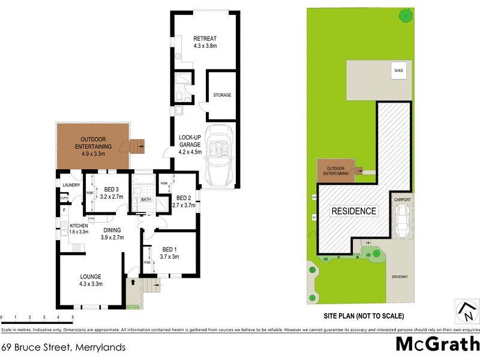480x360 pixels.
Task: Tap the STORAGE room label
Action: (x=223, y=95)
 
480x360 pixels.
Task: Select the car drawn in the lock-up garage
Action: (x=220, y=156)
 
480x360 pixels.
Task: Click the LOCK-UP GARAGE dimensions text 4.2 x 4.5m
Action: (x=193, y=152)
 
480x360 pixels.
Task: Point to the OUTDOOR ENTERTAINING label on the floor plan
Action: (x=93, y=143)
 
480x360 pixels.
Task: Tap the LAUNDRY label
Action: (x=71, y=185)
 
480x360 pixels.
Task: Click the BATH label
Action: (x=145, y=200)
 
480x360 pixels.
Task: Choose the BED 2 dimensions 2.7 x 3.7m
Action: (x=184, y=205)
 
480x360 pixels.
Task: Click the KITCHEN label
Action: (x=79, y=225)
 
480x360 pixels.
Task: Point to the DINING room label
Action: (x=112, y=230)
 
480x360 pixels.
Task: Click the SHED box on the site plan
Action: (x=398, y=70)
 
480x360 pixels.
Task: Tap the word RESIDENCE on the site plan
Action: (x=354, y=211)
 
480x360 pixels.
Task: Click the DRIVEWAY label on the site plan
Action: (x=400, y=277)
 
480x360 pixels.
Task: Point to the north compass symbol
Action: (x=466, y=311)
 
